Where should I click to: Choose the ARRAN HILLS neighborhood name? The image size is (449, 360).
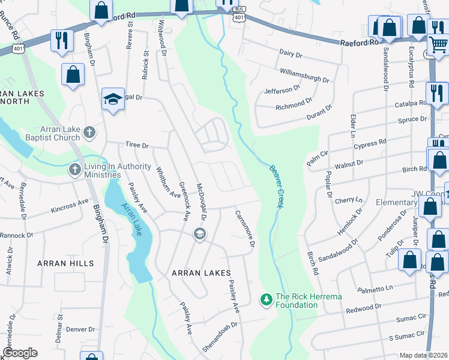click(65, 263)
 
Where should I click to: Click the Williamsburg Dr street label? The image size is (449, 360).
click(304, 75)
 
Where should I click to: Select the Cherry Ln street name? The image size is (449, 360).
click(351, 200)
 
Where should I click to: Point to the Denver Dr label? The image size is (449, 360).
click(80, 329)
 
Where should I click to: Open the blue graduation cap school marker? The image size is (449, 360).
click(112, 100)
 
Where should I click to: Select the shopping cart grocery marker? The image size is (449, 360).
click(439, 44)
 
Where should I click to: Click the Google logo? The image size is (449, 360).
click(20, 353)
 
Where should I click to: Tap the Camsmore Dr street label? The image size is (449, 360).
click(245, 230)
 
